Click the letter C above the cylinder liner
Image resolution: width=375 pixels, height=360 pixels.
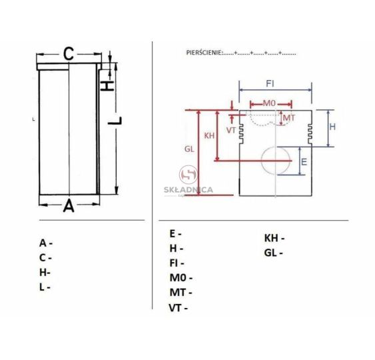click(69, 54)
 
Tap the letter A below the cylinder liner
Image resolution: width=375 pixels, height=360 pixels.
click(69, 205)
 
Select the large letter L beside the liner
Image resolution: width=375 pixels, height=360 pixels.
click(115, 121)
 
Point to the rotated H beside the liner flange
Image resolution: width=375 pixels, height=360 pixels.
click(107, 86)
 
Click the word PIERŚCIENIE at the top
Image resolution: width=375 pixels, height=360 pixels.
click(204, 53)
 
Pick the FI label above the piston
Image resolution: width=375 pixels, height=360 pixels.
click(270, 84)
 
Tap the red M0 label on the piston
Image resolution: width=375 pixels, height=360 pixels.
click(269, 103)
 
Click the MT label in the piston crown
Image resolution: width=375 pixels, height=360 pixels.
click(289, 118)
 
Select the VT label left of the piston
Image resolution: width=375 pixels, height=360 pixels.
click(231, 131)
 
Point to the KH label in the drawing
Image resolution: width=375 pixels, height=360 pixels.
click(209, 136)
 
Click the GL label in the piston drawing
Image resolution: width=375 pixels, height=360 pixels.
click(189, 149)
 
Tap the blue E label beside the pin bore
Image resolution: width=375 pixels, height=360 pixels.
click(304, 162)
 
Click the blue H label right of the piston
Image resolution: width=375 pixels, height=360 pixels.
click(332, 127)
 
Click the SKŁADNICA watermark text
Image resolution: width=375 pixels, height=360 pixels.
click(188, 190)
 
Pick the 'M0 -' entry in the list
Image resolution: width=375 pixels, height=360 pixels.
click(181, 277)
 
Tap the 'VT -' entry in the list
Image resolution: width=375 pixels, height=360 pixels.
click(178, 308)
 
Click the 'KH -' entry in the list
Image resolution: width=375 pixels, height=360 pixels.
click(274, 238)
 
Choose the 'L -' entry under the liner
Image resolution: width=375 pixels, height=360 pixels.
click(45, 287)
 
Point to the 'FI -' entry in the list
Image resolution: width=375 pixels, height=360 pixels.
click(177, 263)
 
